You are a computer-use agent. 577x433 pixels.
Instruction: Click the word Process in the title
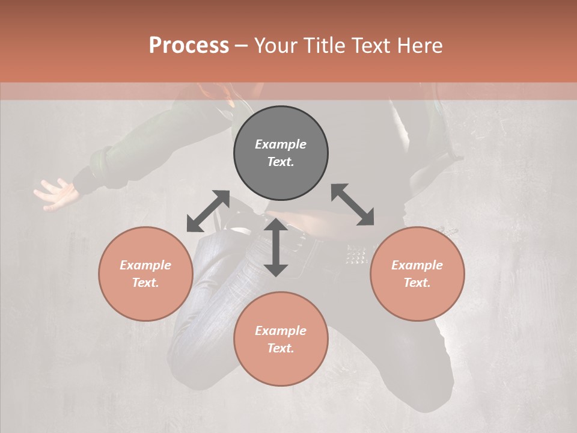click(189, 46)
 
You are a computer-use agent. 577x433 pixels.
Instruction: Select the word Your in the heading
click(277, 46)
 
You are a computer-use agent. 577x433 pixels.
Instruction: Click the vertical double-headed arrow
click(276, 247)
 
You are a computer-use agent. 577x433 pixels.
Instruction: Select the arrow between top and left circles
click(208, 211)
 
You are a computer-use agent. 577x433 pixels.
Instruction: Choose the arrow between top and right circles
click(352, 204)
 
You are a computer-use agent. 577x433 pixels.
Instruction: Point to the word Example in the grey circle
click(281, 144)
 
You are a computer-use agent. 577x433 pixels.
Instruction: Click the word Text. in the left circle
click(145, 283)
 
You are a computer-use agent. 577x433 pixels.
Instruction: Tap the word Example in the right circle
click(417, 265)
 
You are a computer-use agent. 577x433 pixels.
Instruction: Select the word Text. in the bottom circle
click(281, 348)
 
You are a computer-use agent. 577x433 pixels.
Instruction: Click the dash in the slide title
click(241, 46)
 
